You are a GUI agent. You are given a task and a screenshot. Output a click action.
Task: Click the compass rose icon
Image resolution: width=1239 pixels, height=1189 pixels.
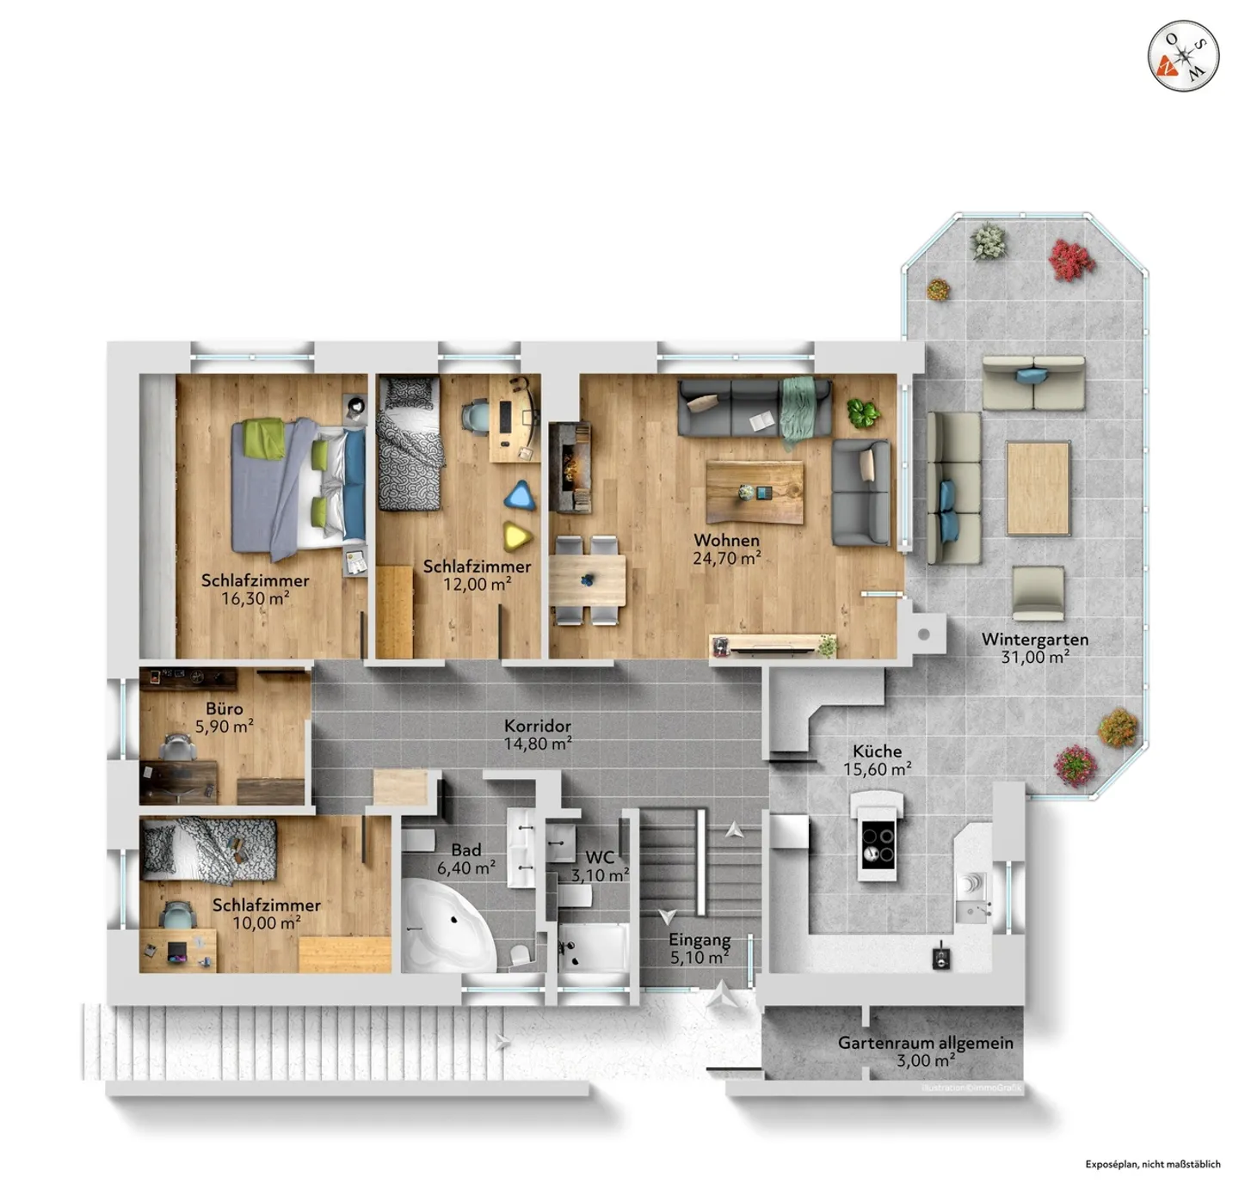click(x=1184, y=56)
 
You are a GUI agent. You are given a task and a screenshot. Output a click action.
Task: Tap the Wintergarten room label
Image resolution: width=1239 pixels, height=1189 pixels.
click(x=1034, y=640)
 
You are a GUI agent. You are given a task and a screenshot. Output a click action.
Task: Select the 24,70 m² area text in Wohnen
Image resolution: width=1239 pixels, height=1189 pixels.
click(x=726, y=559)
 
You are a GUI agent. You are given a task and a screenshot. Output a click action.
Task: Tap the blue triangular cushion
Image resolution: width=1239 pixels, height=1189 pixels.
click(x=519, y=496)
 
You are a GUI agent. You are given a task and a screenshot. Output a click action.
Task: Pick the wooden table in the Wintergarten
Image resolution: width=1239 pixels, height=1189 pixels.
click(x=1038, y=487)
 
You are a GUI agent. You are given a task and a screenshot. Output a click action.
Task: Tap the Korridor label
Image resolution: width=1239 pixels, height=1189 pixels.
click(x=537, y=726)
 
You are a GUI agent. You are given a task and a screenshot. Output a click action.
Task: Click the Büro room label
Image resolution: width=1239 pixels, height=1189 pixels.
click(x=224, y=709)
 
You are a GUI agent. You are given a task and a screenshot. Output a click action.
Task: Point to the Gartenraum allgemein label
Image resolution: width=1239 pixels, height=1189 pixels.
click(x=925, y=1043)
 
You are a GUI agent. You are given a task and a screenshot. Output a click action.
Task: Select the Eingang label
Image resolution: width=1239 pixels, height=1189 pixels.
click(x=700, y=940)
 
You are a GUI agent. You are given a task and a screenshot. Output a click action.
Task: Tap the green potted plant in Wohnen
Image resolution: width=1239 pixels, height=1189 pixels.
click(x=862, y=414)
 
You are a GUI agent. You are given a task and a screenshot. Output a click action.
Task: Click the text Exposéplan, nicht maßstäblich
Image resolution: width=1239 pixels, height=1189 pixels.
click(x=1152, y=1164)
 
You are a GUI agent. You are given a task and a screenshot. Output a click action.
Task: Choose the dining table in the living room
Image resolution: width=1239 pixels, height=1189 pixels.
click(x=587, y=580)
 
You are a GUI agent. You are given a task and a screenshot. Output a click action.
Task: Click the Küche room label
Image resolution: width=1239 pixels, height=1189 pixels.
click(x=877, y=751)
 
